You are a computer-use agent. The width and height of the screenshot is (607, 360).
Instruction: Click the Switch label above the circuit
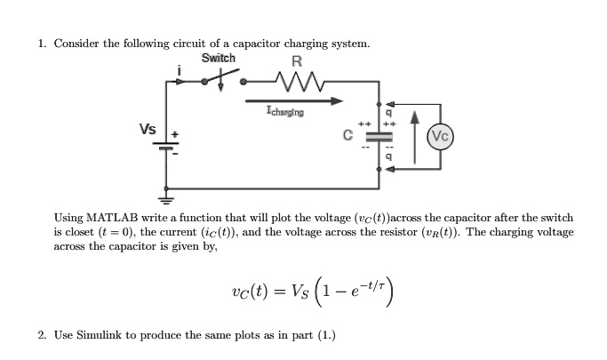(219, 58)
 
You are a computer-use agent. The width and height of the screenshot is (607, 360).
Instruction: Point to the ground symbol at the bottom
(164, 199)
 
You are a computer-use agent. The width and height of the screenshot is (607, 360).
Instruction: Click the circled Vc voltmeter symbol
(440, 136)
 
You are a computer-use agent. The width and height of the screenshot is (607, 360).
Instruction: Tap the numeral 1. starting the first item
(42, 43)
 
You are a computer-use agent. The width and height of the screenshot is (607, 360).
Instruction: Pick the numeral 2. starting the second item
(42, 335)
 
